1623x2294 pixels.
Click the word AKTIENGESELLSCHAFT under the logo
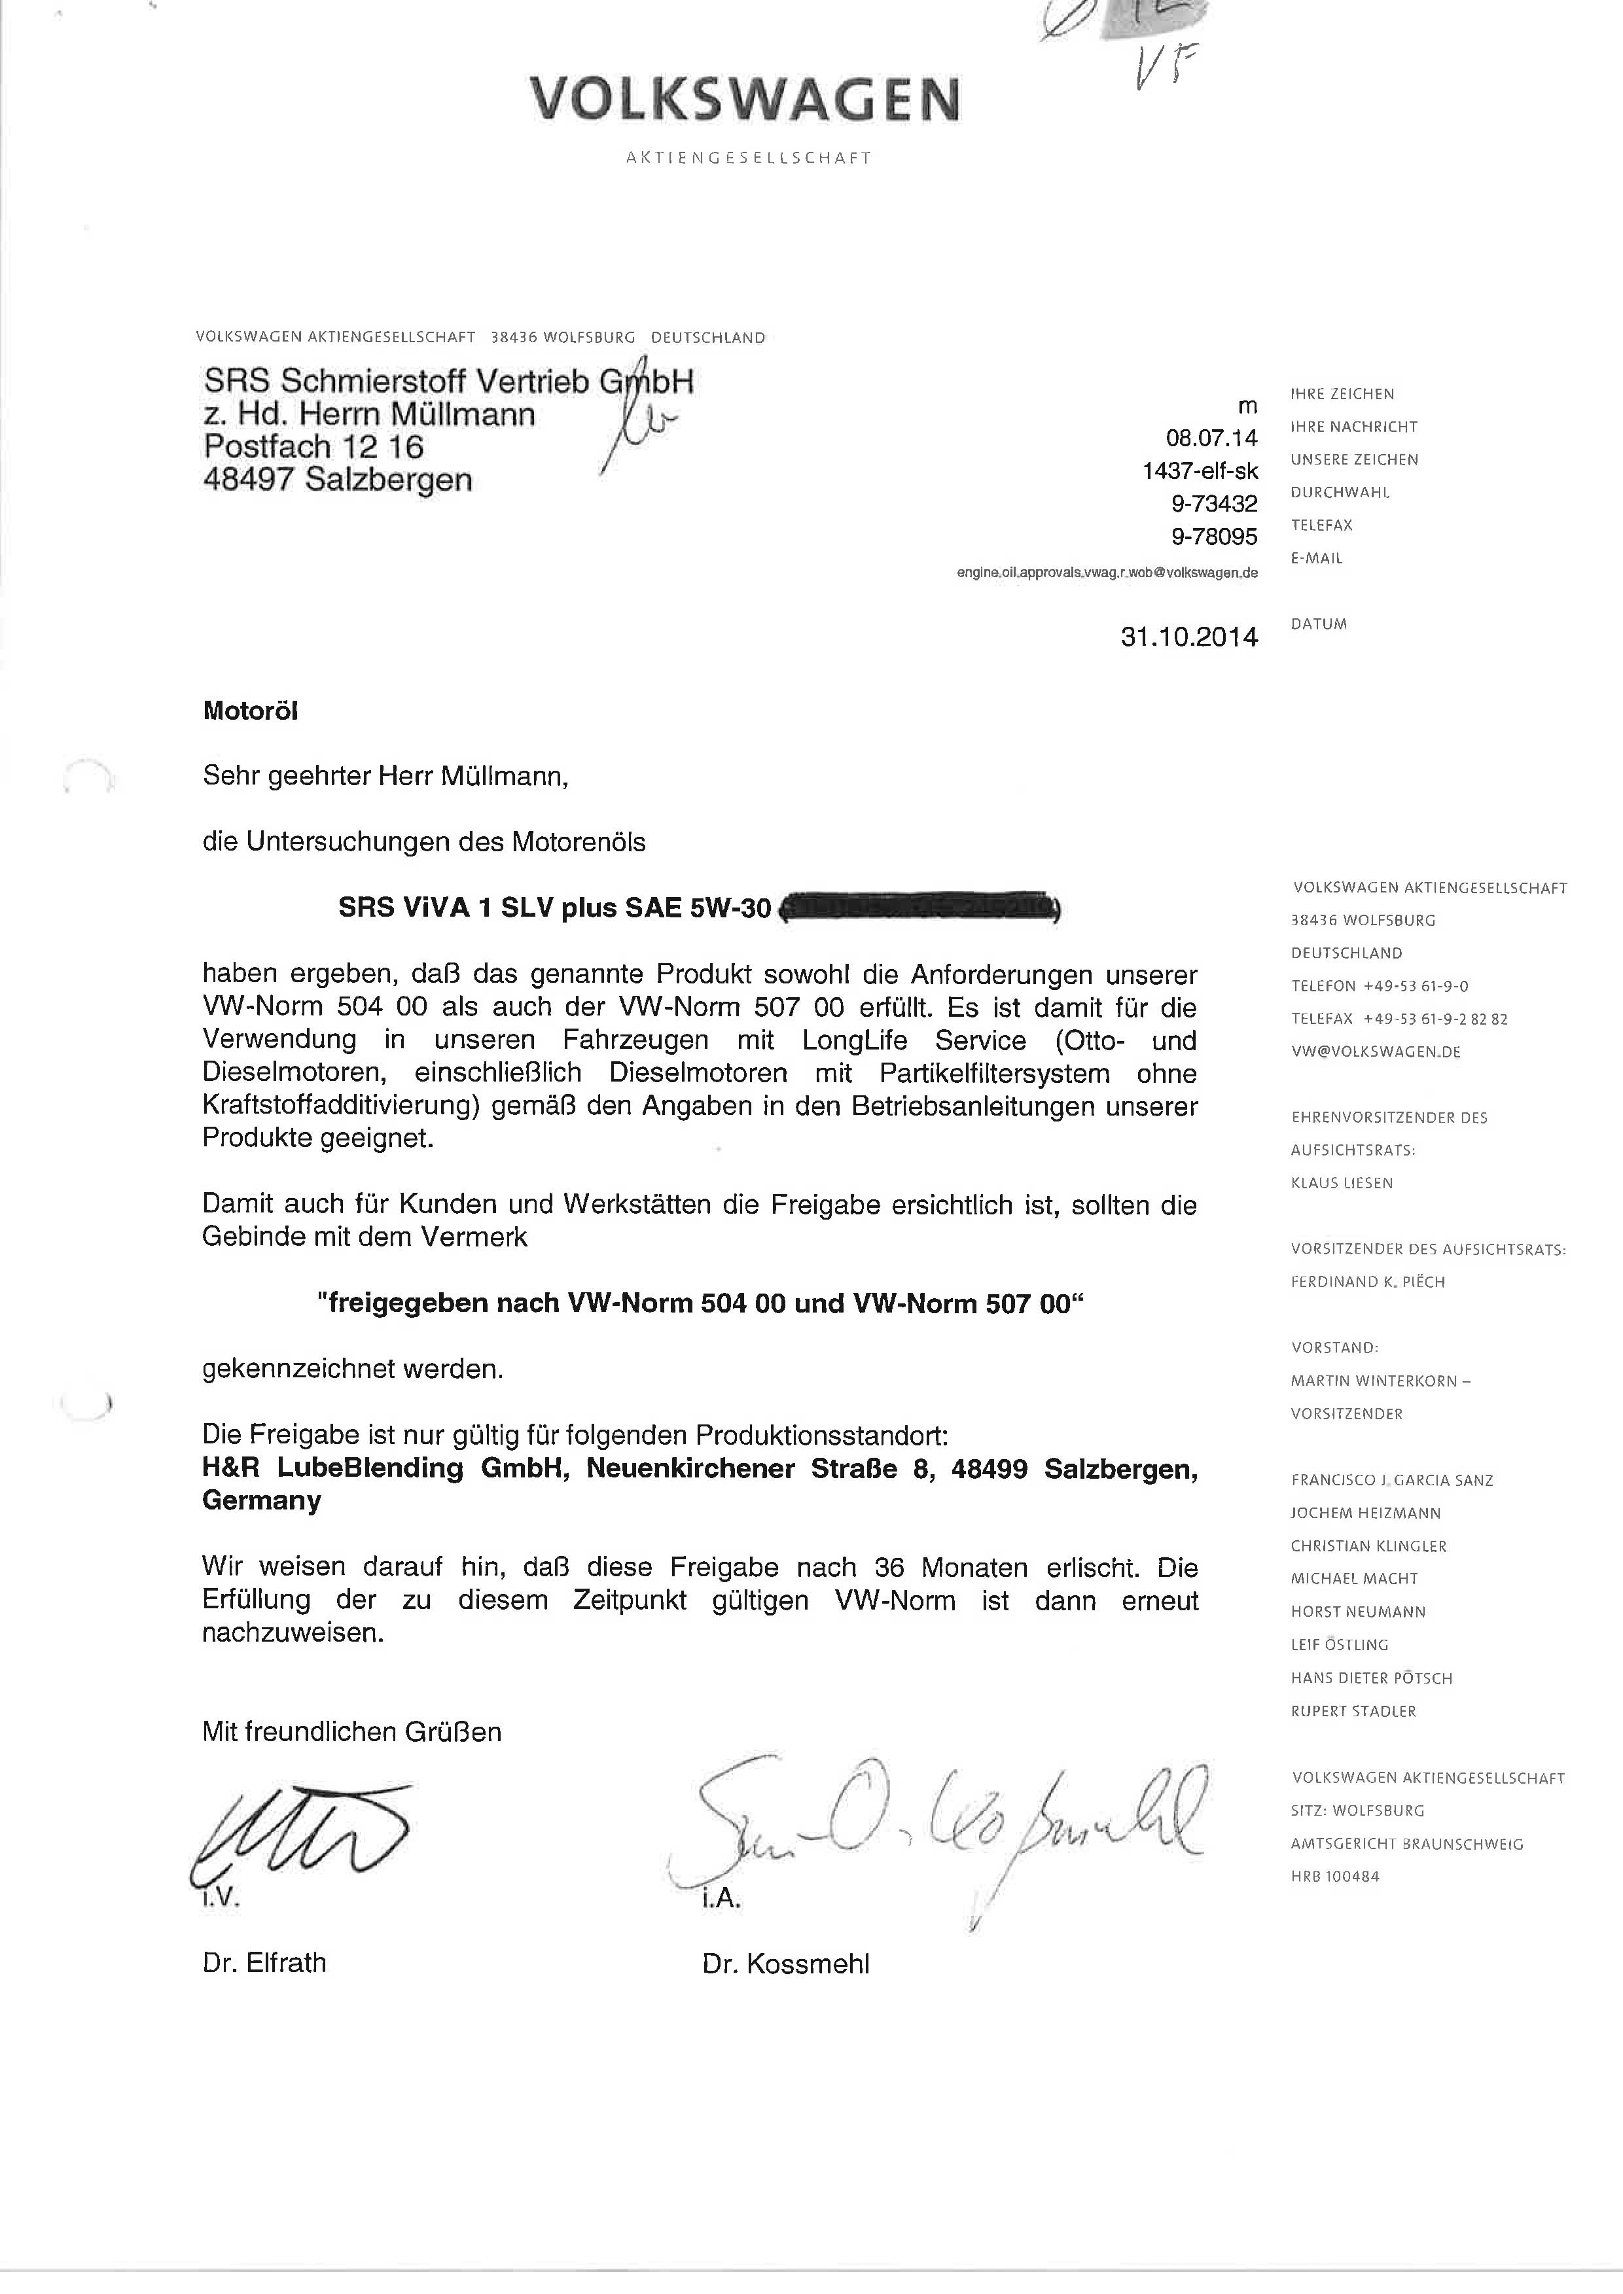pos(747,158)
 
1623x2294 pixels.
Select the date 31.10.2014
pos(1188,637)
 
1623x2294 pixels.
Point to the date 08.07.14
pos(1211,438)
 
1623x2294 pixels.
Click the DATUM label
pos(1318,624)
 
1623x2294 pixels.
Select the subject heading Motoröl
pos(250,711)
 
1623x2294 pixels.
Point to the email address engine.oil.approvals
pos(1106,573)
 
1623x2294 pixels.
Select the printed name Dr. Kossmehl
pos(785,1964)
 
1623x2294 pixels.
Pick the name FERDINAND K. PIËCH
pos(1367,1282)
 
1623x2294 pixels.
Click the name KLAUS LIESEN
pos(1341,1183)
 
